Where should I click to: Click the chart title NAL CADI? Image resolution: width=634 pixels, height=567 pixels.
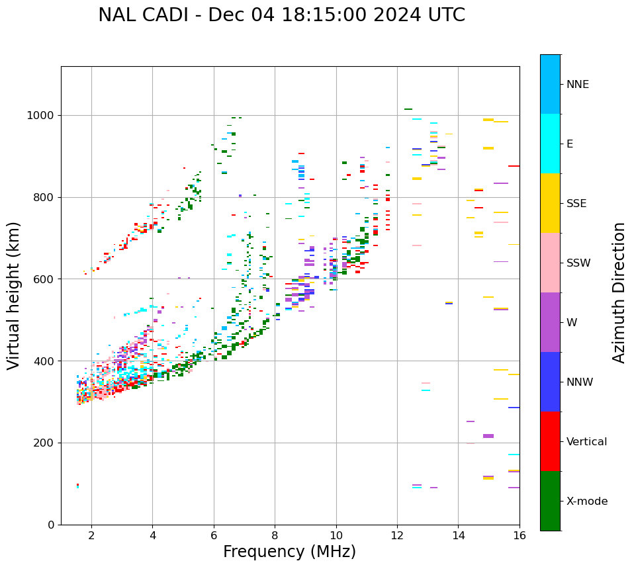pos(281,15)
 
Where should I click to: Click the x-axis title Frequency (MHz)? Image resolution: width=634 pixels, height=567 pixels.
pos(289,552)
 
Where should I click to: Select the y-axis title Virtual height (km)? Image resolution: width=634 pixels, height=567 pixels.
pos(14,296)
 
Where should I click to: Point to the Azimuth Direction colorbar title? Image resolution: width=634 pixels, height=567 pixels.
pos(619,292)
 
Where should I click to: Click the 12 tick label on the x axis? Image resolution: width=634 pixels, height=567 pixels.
pos(397,535)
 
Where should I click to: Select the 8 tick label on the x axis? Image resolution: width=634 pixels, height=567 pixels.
pos(275,535)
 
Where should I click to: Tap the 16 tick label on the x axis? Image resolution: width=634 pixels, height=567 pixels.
pos(520,535)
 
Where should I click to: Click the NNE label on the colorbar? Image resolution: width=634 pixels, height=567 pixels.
pos(577,85)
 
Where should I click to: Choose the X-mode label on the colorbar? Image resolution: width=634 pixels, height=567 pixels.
pos(586,502)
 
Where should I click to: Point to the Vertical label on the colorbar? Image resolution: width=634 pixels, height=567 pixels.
pos(586,442)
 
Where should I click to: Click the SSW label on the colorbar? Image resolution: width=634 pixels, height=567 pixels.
pos(578,263)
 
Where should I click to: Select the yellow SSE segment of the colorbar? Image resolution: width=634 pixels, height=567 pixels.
pos(550,203)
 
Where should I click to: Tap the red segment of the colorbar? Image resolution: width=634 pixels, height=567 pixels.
pos(550,441)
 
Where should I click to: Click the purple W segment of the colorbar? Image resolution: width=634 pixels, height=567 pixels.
pos(550,322)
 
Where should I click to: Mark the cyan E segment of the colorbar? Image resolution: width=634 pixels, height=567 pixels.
pos(550,144)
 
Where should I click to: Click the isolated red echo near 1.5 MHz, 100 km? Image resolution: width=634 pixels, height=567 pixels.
pos(77,485)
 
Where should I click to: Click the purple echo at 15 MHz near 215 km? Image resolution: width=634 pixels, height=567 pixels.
pos(488,436)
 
